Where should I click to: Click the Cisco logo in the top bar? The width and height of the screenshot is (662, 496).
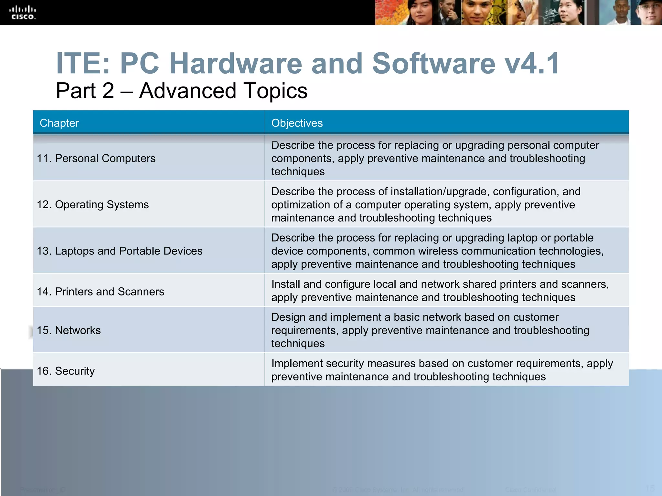(x=24, y=13)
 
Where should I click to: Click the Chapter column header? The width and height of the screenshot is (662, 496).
(x=59, y=123)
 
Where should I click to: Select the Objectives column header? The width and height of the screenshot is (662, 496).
(x=297, y=123)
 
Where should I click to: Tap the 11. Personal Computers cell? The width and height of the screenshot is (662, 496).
(x=96, y=159)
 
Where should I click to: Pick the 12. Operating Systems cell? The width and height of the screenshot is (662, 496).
(x=93, y=205)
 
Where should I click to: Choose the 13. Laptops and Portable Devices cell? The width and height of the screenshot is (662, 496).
(x=120, y=251)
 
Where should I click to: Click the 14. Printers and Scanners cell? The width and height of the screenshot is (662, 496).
(x=101, y=292)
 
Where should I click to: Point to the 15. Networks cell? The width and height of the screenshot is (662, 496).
(x=69, y=330)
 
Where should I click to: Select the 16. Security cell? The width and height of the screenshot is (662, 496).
(x=66, y=371)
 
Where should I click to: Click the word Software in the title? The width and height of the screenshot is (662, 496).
(x=433, y=64)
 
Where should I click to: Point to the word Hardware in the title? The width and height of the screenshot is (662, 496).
(x=236, y=64)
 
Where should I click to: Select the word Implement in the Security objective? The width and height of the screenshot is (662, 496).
(x=297, y=364)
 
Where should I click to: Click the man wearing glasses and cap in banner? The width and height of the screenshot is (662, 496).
(x=648, y=13)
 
